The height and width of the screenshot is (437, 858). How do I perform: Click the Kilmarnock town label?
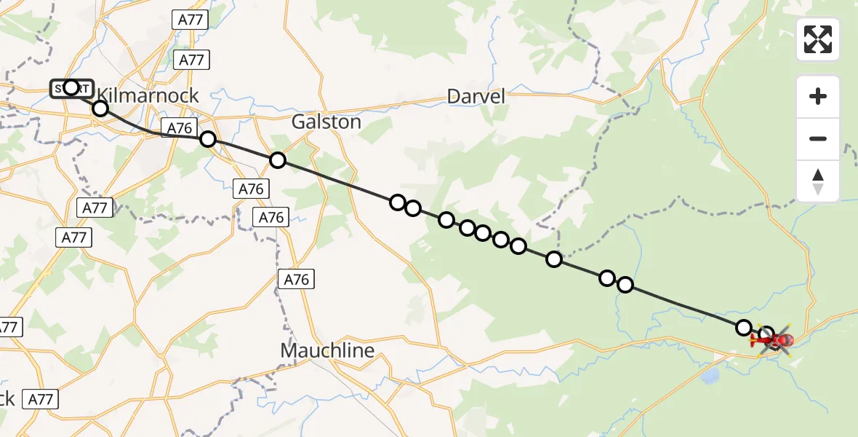[x=148, y=95]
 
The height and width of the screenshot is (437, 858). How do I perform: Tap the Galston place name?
[x=326, y=122]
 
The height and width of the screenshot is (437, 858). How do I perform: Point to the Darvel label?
[x=476, y=96]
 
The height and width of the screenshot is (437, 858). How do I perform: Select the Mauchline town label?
[x=327, y=350]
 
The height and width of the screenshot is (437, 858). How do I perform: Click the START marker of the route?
[x=71, y=88]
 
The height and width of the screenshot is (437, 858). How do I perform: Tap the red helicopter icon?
[x=775, y=339]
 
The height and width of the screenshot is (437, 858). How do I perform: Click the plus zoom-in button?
[x=818, y=96]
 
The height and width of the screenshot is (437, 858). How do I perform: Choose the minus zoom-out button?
[x=818, y=138]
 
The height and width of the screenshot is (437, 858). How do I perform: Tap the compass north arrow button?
[x=818, y=181]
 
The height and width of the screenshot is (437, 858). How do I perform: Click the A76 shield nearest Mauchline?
[x=297, y=279]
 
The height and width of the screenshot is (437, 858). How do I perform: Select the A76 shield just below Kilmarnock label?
[x=179, y=129]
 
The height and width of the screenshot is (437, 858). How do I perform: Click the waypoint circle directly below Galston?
[x=277, y=160]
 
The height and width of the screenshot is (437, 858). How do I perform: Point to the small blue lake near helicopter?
[x=711, y=375]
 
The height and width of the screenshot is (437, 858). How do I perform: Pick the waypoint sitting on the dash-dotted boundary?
[x=554, y=259]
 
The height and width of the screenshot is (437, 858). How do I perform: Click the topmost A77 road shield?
[x=191, y=20]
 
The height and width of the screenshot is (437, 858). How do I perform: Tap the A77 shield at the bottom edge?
[x=41, y=399]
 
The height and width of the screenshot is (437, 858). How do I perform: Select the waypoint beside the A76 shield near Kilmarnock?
[x=208, y=139]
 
